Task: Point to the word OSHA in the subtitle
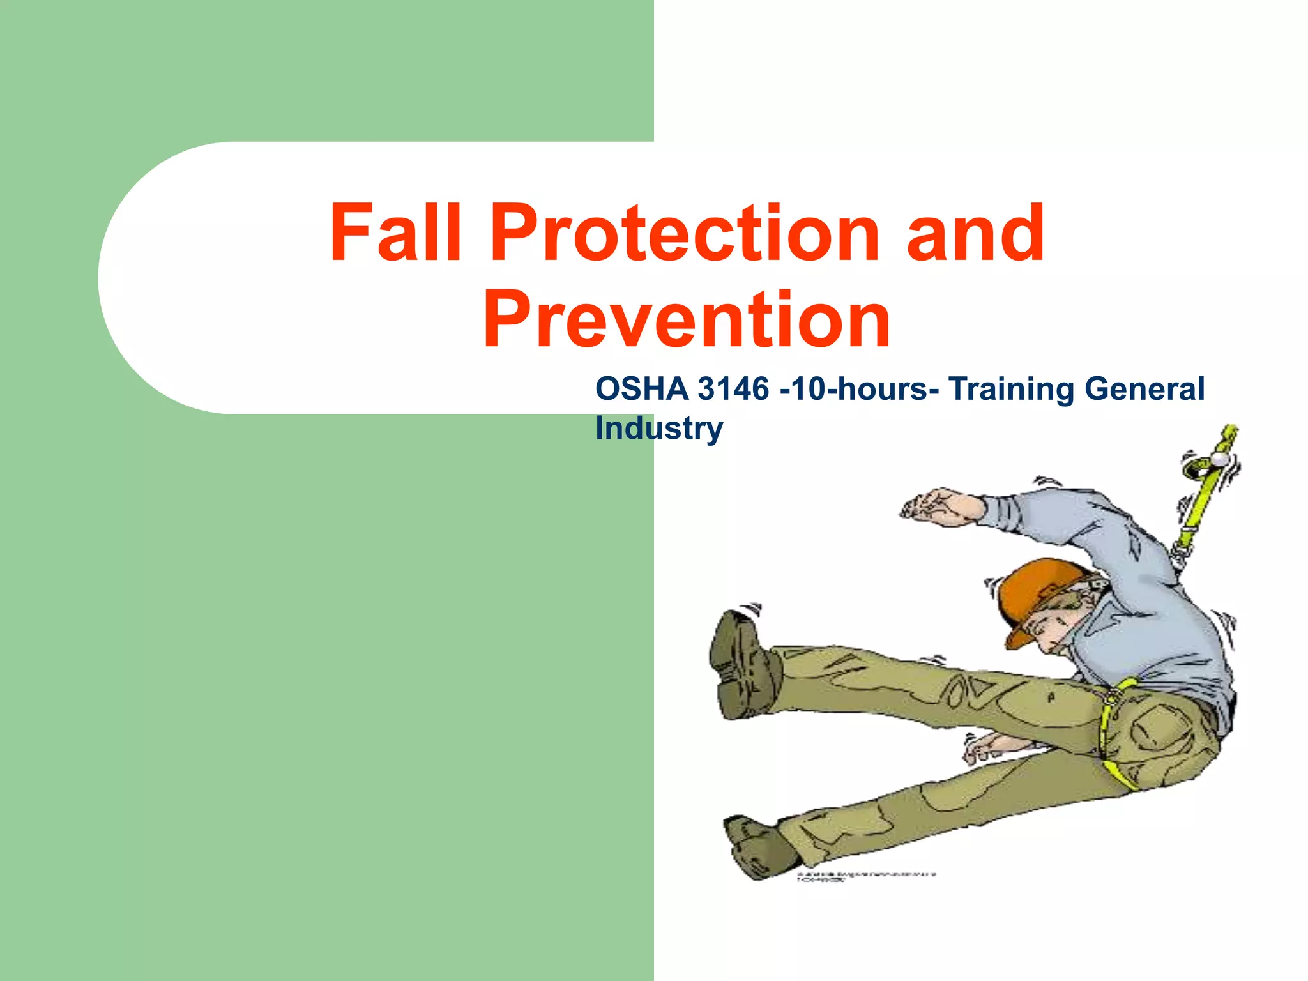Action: click(x=642, y=389)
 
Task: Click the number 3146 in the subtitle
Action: click(x=733, y=389)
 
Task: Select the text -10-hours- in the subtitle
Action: click(x=859, y=389)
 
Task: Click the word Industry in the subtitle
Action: click(x=658, y=428)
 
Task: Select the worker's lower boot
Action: click(x=757, y=843)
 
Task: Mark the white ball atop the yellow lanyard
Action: click(x=1219, y=459)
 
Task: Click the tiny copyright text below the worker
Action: click(x=865, y=876)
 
